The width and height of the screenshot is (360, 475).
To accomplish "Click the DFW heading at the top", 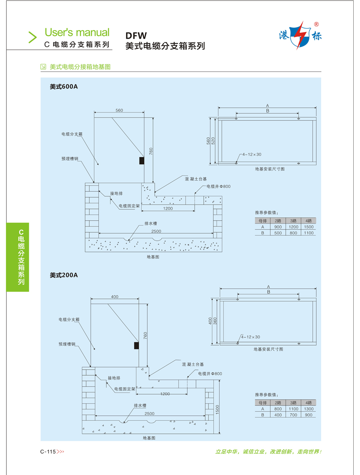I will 136,36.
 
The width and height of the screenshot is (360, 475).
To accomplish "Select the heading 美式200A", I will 64,275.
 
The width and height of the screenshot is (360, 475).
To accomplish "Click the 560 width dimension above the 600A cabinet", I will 119,110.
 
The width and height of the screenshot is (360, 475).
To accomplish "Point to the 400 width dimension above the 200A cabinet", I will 114,296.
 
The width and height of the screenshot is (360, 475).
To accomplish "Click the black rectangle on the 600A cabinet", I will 141,160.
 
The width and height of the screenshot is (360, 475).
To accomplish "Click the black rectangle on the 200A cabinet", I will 136,346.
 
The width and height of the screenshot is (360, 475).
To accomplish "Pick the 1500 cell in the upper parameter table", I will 309,227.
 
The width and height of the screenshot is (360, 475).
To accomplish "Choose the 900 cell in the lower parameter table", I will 309,415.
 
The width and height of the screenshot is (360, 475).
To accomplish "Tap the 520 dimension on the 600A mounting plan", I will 214,141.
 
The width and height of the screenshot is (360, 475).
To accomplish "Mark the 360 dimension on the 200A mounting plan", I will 215,321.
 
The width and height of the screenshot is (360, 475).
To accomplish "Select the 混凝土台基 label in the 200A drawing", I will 193,364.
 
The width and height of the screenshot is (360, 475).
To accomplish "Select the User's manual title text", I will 77,32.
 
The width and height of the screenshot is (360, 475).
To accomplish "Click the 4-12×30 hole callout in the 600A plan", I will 252,154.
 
